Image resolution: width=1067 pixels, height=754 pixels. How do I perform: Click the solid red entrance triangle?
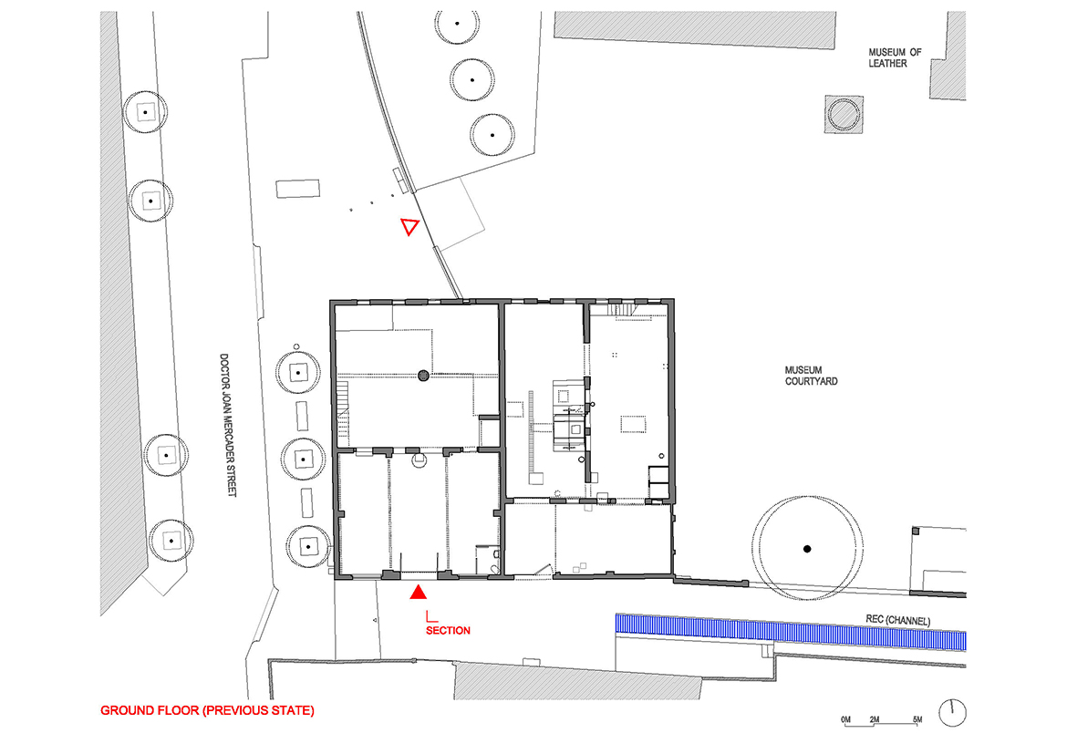pyautogui.click(x=418, y=593)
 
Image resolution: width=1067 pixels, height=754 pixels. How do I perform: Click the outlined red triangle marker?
pyautogui.click(x=409, y=226)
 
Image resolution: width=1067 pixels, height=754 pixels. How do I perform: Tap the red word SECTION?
pyautogui.click(x=448, y=631)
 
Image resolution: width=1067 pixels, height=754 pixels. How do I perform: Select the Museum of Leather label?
pyautogui.click(x=894, y=57)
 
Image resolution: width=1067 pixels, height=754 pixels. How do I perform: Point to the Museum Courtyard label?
pyautogui.click(x=811, y=376)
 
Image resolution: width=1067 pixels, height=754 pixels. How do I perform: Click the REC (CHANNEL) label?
pyautogui.click(x=897, y=620)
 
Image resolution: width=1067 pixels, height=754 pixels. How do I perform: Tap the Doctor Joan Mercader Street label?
pyautogui.click(x=227, y=425)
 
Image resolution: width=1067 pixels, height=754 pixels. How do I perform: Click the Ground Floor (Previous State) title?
pyautogui.click(x=208, y=710)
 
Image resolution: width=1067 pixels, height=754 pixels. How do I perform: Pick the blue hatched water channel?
pyautogui.click(x=791, y=632)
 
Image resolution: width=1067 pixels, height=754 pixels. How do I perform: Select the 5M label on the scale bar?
pyautogui.click(x=917, y=719)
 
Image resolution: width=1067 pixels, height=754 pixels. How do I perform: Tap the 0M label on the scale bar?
pyautogui.click(x=845, y=719)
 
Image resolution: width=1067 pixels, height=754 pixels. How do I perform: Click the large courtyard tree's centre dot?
pyautogui.click(x=807, y=549)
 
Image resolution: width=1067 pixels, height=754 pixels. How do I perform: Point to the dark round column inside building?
pyautogui.click(x=423, y=375)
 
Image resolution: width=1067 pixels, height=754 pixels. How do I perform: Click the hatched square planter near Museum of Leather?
pyautogui.click(x=844, y=114)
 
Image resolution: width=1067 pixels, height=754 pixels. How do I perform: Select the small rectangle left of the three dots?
pyautogui.click(x=298, y=189)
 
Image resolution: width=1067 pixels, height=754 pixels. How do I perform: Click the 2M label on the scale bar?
pyautogui.click(x=875, y=719)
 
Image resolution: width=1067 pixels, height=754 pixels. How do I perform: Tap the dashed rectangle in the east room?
pyautogui.click(x=633, y=425)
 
